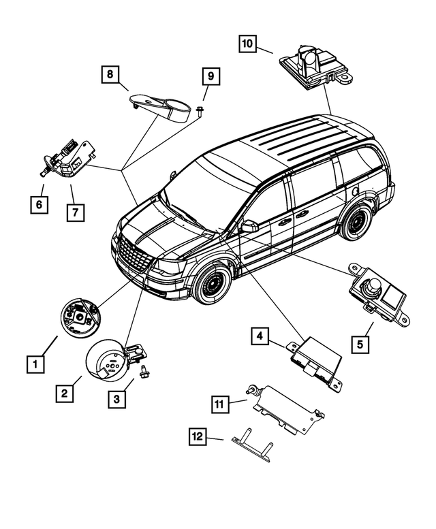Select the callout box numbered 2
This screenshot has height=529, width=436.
tap(64, 393)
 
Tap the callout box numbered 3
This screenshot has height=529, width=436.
tap(116, 399)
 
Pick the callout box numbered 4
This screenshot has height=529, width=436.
tap(260, 336)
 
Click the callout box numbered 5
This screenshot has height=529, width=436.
tap(360, 344)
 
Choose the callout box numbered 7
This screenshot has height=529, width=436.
tap(75, 212)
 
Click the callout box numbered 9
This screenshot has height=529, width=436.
tap(211, 76)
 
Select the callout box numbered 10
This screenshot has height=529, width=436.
tap(247, 44)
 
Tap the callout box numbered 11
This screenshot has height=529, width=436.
tap(219, 404)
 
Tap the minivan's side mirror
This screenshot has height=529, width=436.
tap(249, 226)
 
